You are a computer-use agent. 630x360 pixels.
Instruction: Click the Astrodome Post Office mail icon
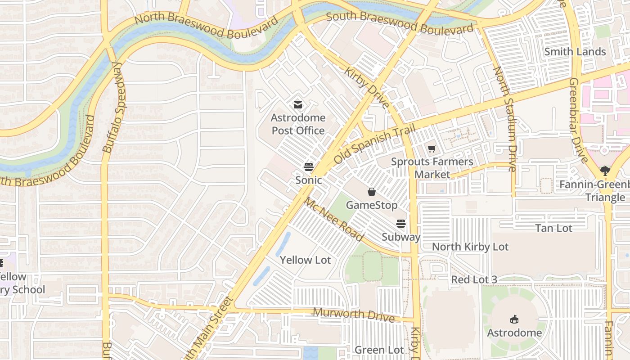[297, 105]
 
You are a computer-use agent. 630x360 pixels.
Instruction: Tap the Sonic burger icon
[308, 167]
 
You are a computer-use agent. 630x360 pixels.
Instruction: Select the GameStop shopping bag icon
[372, 192]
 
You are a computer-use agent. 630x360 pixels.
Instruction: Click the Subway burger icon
[400, 224]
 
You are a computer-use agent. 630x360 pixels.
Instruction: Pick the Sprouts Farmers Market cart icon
[432, 148]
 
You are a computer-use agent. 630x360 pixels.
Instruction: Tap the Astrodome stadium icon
[514, 319]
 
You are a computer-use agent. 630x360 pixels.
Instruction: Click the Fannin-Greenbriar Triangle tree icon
[605, 171]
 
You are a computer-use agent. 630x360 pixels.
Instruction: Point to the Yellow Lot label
[305, 260]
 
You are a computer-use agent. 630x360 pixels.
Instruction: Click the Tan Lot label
[553, 228]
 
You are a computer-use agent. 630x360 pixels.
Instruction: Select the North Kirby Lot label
[470, 247]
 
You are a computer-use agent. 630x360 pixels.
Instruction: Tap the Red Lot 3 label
[474, 279]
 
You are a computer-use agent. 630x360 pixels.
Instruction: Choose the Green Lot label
[379, 350]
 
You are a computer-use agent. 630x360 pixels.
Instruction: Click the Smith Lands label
[575, 52]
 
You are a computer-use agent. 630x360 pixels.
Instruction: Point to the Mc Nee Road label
[333, 220]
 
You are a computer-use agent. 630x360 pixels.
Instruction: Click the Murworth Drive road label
[353, 314]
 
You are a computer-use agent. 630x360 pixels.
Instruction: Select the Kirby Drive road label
[367, 88]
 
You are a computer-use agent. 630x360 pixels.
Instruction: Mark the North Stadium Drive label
[504, 119]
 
